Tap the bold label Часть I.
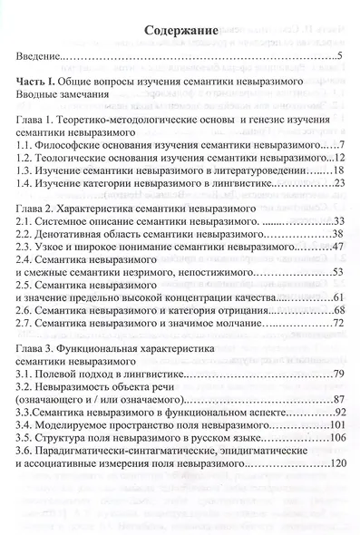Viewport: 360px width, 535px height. tap(40, 82)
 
